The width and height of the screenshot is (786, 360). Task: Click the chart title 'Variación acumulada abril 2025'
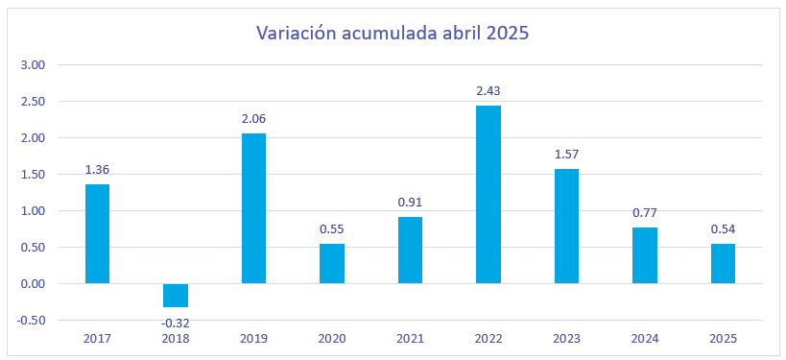point(393,33)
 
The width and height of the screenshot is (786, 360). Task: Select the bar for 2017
point(97,233)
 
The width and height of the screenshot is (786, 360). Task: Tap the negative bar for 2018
point(176,296)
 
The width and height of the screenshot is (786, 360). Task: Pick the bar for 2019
point(253,208)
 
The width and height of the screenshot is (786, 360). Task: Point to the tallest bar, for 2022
point(488,195)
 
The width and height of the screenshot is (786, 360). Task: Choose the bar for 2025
point(723,264)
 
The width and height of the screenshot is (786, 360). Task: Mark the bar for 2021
point(410,251)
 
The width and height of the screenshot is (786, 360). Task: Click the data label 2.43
point(488,91)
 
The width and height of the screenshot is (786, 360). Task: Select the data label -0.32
point(176,323)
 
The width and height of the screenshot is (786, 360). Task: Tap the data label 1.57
point(566,155)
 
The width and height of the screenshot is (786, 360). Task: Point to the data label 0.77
point(645,213)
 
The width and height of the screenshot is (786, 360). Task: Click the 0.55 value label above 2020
point(332,229)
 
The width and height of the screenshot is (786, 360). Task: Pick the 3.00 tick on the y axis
point(33,65)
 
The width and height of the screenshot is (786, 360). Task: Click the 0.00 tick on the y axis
point(33,284)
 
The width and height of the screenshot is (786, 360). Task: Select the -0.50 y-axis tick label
point(31,321)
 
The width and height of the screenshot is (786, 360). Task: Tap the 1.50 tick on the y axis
point(33,175)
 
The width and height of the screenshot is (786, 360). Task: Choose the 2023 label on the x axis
point(566,339)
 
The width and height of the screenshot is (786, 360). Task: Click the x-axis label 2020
point(332,339)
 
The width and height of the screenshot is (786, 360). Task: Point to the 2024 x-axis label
point(645,339)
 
